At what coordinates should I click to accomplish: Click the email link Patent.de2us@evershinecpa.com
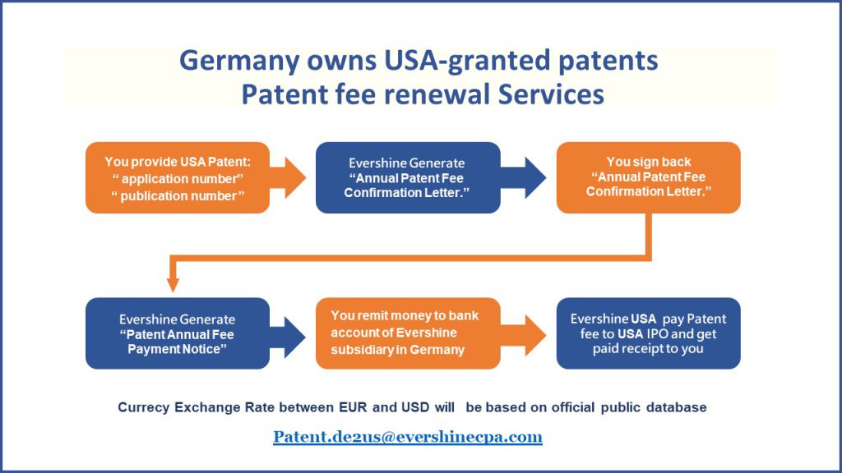coord(408,437)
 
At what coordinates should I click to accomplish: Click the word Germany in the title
coord(239,61)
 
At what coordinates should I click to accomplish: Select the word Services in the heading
coord(551,94)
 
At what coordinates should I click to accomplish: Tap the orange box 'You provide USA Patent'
coord(178,177)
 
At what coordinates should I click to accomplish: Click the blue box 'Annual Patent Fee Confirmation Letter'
coord(408,177)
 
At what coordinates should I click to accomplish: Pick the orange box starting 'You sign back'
coord(649,177)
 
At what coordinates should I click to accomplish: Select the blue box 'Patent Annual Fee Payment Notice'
coord(178,333)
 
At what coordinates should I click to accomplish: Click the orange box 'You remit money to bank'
coord(408,333)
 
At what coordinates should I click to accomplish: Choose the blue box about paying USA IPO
coord(649,333)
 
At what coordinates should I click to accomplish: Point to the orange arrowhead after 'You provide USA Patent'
coord(294,177)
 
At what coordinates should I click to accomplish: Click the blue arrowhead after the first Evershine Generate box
coord(534,177)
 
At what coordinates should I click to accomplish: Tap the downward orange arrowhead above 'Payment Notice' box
coord(173,284)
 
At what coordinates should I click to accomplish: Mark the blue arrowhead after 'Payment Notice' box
coord(294,336)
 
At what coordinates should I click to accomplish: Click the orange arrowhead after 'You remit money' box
coord(534,336)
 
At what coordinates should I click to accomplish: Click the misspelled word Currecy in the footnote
coord(143,407)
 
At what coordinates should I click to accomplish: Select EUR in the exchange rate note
coord(353,407)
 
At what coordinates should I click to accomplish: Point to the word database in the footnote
coord(676,407)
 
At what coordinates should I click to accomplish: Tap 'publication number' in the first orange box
coord(178,195)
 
